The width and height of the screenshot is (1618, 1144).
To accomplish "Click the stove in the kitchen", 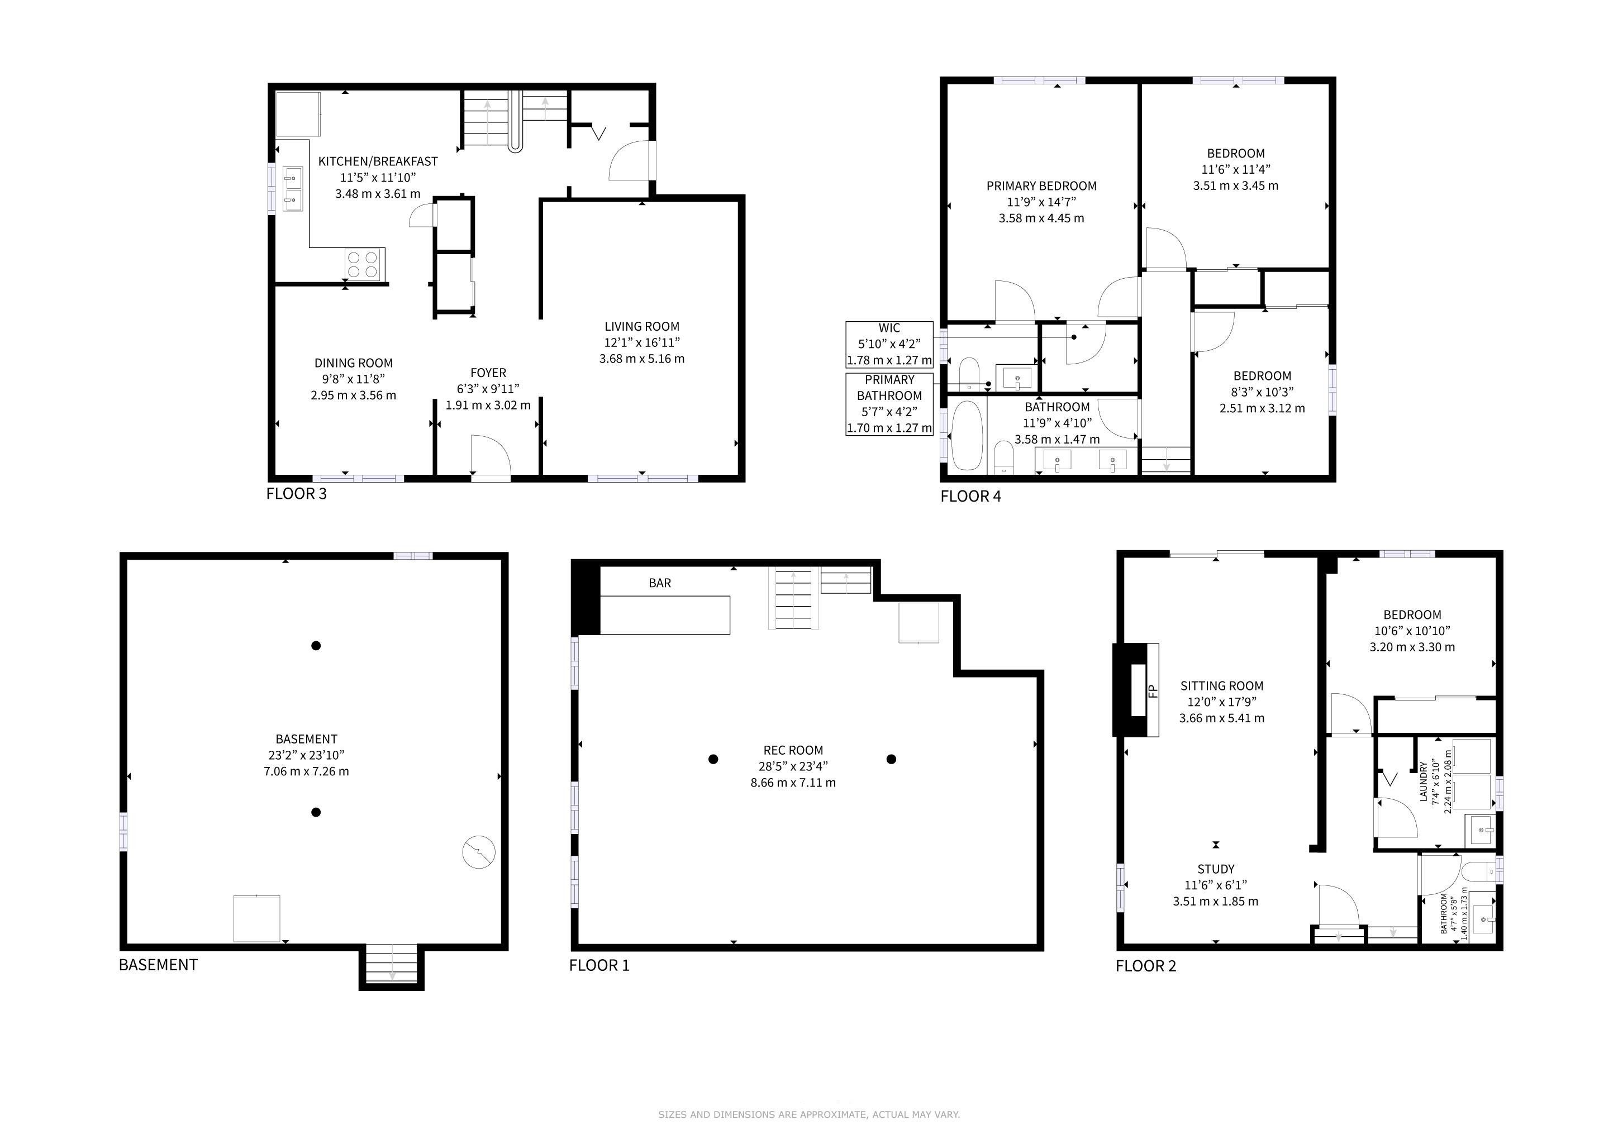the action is point(364,264).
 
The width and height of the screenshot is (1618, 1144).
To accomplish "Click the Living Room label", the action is point(641,342).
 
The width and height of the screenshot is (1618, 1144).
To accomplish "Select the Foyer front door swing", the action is point(491,458).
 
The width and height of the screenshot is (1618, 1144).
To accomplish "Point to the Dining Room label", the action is point(353,379).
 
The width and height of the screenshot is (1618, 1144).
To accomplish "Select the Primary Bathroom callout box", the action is point(889,404).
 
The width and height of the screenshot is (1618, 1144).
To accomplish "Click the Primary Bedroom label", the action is point(1041,202).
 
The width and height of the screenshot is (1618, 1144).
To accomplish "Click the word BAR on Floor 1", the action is point(660,583).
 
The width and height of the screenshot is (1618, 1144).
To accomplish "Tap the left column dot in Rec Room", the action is point(713,759).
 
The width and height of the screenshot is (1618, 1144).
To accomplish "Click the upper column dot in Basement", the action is point(316,645).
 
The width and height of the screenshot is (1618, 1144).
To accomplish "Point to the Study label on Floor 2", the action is point(1216,885).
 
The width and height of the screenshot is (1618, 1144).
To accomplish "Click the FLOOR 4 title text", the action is point(970,496).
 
